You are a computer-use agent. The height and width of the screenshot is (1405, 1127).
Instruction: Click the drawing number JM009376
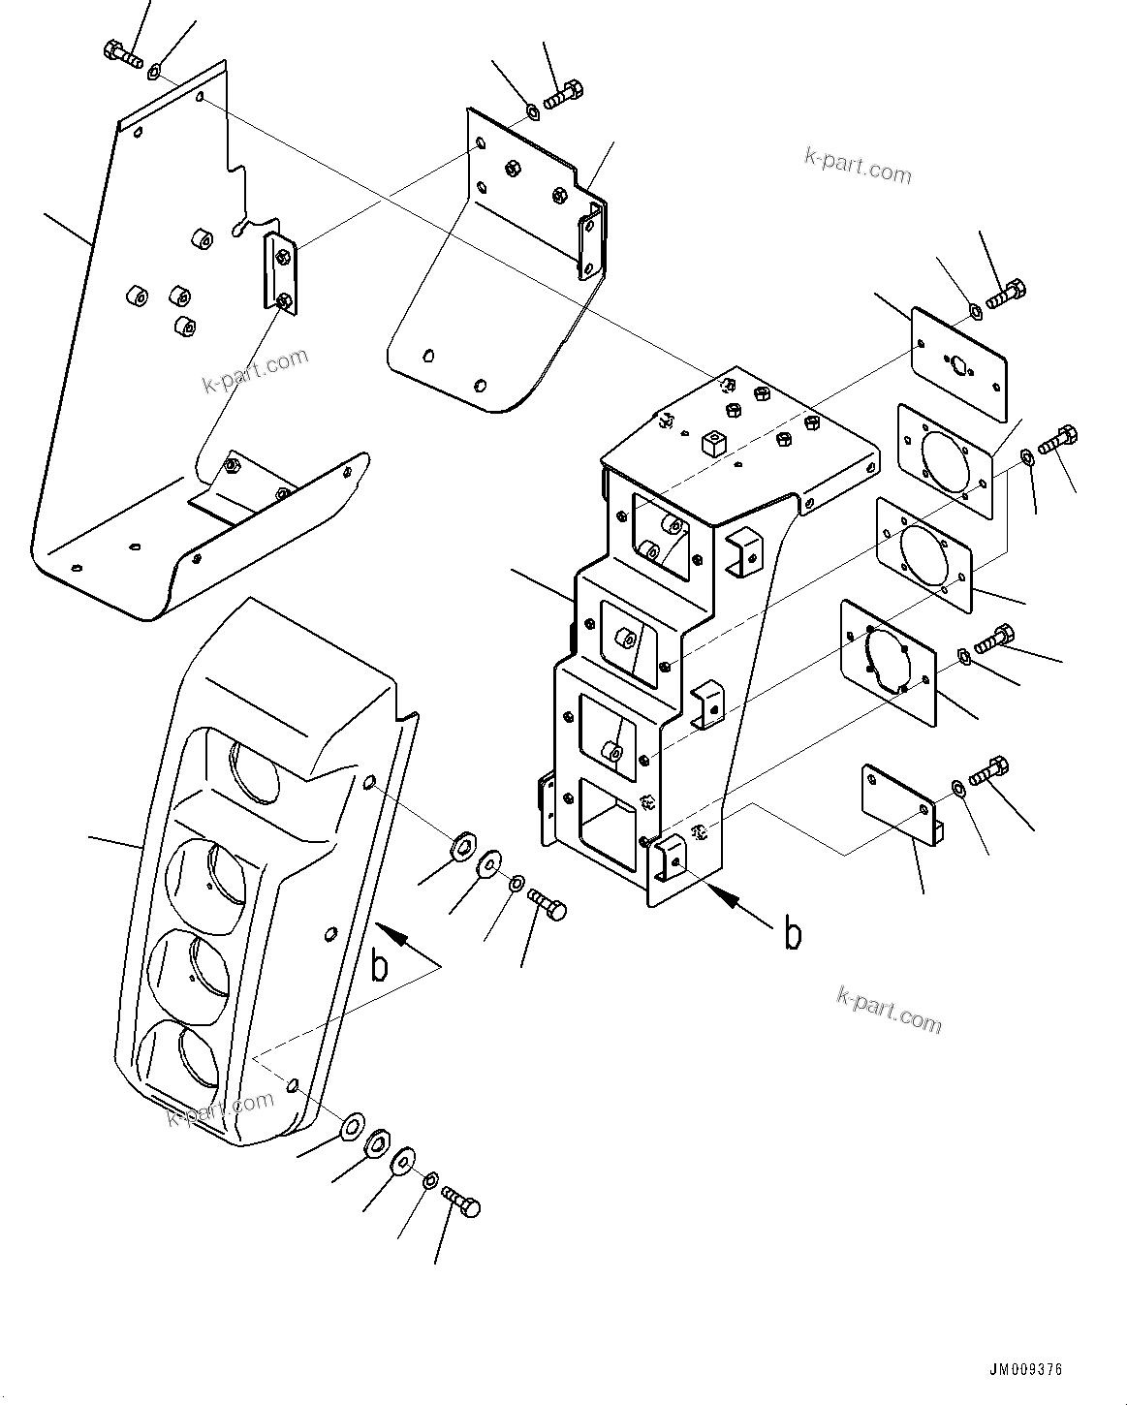pyautogui.click(x=1025, y=1369)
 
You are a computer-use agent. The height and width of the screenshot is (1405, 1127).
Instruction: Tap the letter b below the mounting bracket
pyautogui.click(x=793, y=934)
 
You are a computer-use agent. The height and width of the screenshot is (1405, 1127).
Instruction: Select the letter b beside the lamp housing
pyautogui.click(x=381, y=966)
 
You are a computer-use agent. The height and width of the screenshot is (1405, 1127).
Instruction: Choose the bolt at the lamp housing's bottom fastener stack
pyautogui.click(x=461, y=1202)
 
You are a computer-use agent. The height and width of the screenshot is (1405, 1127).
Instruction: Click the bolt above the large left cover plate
pyautogui.click(x=121, y=50)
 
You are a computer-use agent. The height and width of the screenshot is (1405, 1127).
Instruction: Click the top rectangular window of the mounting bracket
pyautogui.click(x=662, y=534)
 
